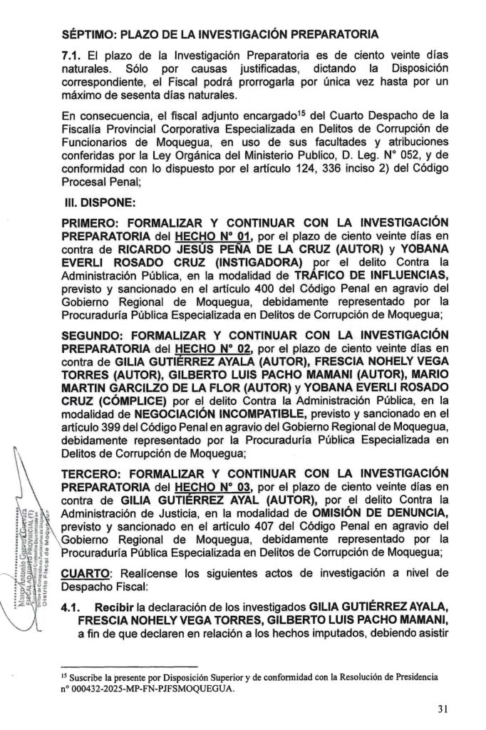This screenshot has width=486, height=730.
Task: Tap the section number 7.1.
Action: point(72,55)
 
